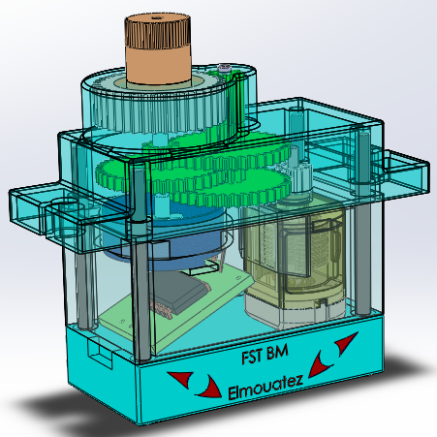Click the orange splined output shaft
[x=159, y=53]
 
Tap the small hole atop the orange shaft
[x=157, y=19]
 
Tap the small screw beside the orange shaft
[x=225, y=68]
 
